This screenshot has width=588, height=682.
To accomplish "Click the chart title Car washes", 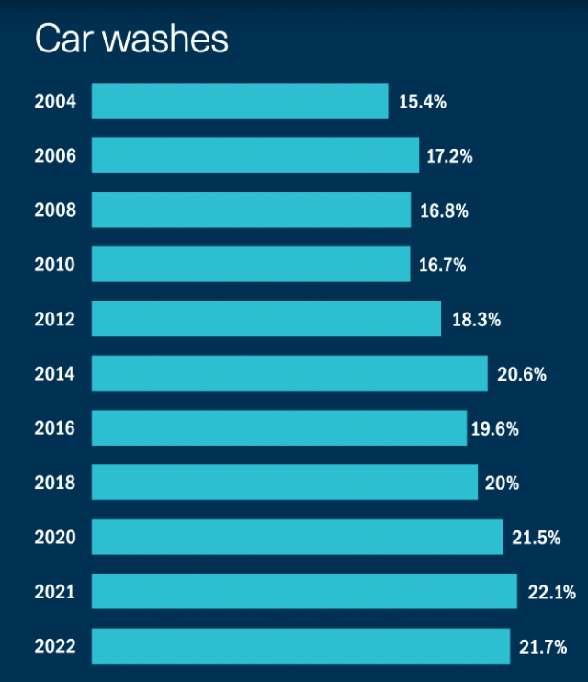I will point(131,40).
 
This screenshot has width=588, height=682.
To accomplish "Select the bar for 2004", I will point(240,101).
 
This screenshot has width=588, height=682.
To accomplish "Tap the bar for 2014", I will point(289,373).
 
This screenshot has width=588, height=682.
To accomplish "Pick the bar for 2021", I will point(304,592).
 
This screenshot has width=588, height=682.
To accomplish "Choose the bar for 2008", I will point(251,210).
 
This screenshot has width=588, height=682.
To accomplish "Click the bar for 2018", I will point(285,483).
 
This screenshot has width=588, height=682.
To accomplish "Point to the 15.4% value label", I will point(423,102).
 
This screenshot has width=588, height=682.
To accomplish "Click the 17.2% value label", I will point(449,156).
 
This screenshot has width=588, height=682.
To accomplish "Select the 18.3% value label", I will point(475,320).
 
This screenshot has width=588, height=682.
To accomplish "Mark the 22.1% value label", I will point(551,593).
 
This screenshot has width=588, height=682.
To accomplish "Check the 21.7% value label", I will point(543,647).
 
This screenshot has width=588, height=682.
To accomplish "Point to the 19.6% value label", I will point(495,429).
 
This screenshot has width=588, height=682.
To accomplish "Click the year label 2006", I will point(55,156).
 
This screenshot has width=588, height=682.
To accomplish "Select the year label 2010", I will point(55,266).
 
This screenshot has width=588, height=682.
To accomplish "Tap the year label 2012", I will point(55,320).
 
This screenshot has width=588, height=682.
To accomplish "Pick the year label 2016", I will point(55,428).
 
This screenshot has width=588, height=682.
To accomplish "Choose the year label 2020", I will point(55,538).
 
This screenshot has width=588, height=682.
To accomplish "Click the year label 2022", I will point(55,647).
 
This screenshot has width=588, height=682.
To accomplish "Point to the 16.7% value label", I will point(443,266).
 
